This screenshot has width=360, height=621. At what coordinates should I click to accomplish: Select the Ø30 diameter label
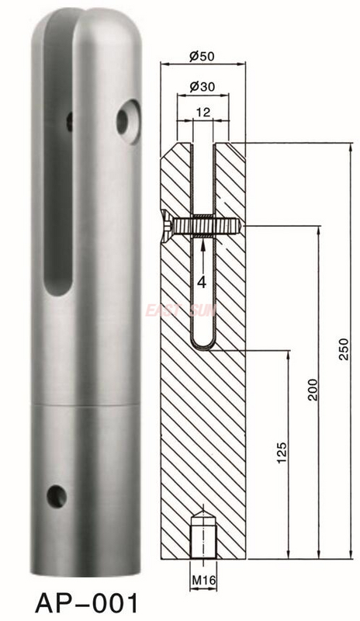[202, 88]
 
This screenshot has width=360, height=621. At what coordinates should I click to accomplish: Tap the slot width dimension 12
[202, 113]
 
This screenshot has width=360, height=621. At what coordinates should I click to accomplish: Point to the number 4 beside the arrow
[201, 283]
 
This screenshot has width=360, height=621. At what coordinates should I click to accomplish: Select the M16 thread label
[202, 578]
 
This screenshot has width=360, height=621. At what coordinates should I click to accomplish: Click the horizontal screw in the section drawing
[206, 224]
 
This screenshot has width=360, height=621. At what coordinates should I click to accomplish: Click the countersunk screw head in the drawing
[168, 224]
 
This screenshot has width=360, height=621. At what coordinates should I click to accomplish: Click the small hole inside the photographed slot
[70, 120]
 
